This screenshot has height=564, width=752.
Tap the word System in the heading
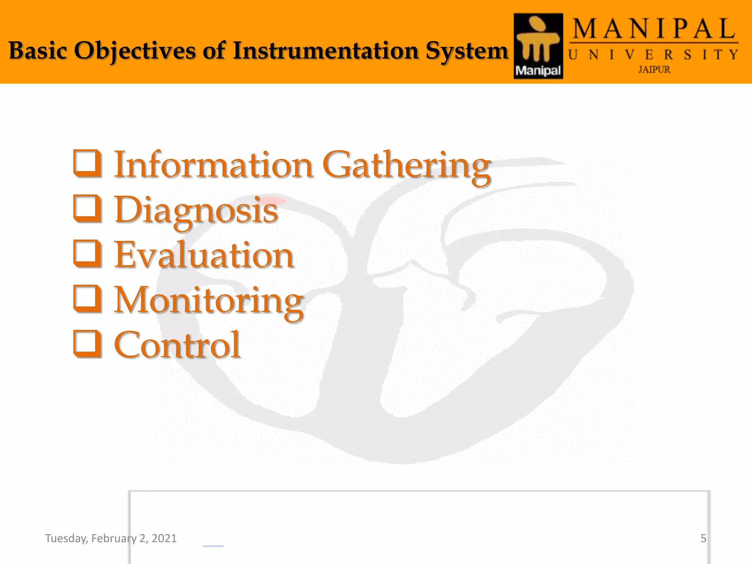(x=467, y=51)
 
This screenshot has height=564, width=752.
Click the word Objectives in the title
(x=135, y=51)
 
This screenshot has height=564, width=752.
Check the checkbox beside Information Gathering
(x=87, y=163)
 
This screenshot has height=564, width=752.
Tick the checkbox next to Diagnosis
(x=87, y=209)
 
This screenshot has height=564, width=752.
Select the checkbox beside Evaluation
(x=87, y=254)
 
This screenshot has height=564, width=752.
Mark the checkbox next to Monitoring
(x=87, y=299)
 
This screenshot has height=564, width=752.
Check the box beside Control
(x=87, y=344)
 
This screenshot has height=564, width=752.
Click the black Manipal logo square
(x=538, y=46)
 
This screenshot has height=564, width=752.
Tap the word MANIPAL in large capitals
(x=654, y=29)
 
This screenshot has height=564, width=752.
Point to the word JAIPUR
(x=654, y=69)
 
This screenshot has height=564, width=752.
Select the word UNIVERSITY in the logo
(x=653, y=55)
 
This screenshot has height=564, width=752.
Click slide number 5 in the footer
(x=703, y=538)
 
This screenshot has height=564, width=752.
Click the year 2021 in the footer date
(x=164, y=538)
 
